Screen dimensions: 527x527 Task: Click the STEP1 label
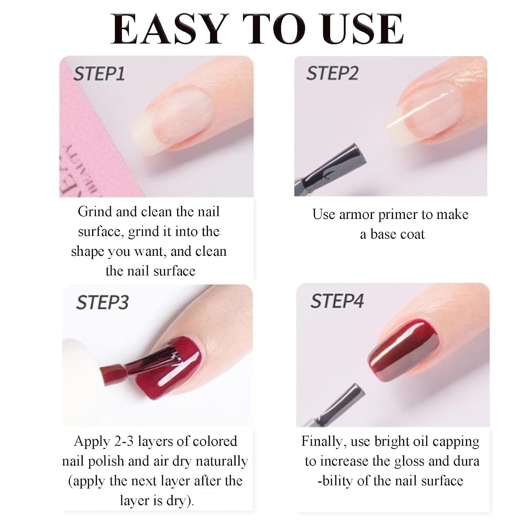[x=99, y=74]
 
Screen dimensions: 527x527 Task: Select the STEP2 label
[x=332, y=73]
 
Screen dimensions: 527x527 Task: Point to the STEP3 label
[x=102, y=302]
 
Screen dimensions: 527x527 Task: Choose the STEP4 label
[x=337, y=301]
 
